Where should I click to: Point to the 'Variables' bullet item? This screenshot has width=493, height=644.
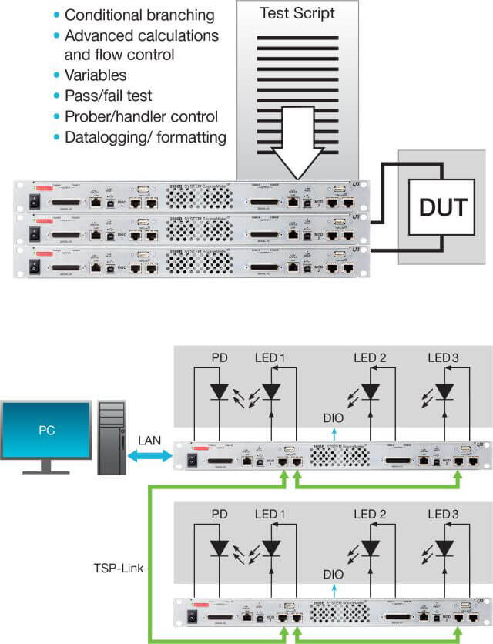point(96,75)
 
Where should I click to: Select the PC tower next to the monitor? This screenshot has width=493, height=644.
point(111,439)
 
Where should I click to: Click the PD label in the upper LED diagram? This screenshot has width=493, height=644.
point(219,357)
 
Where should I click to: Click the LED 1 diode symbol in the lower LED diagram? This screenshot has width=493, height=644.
point(271,546)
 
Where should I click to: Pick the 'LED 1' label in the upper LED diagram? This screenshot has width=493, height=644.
point(270,357)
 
